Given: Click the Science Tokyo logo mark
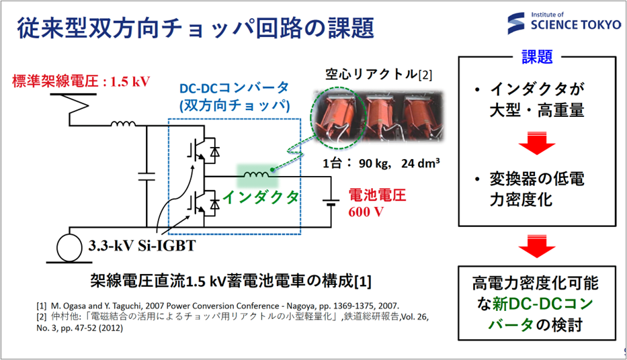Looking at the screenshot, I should pos(518,24).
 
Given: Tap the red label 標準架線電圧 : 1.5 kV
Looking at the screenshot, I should pos(81,82).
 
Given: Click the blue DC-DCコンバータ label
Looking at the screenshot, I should pos(234,87).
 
